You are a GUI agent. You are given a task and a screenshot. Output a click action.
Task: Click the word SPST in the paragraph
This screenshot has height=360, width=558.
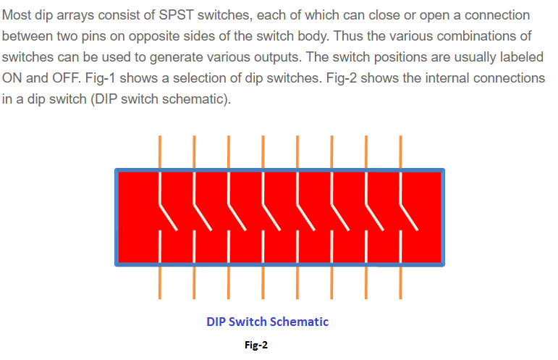[176, 15]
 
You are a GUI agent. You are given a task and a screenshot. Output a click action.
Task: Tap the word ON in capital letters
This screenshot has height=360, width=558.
[12, 78]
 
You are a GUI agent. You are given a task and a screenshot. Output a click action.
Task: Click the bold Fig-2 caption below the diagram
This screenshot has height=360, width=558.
[256, 345]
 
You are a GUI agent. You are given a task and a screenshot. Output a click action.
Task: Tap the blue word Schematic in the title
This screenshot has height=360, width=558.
[299, 322]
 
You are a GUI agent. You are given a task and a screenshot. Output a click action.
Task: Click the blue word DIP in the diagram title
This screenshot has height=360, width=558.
[216, 322]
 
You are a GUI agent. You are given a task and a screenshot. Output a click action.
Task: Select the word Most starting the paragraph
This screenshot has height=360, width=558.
[17, 15]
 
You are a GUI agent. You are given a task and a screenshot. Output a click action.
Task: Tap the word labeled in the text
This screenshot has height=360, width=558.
[522, 57]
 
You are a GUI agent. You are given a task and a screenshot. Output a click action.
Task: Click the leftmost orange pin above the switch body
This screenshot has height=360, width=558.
[160, 151]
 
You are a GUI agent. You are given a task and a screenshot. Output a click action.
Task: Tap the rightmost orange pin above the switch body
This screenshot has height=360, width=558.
[400, 151]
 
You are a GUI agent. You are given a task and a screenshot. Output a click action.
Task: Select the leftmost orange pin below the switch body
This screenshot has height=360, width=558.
[160, 282]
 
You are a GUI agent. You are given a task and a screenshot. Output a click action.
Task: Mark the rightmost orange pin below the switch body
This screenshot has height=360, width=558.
[400, 282]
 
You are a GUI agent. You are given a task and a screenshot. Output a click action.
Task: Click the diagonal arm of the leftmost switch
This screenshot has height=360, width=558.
[168, 217]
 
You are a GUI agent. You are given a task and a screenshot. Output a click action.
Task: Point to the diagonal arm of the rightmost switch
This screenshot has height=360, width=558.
[409, 217]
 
